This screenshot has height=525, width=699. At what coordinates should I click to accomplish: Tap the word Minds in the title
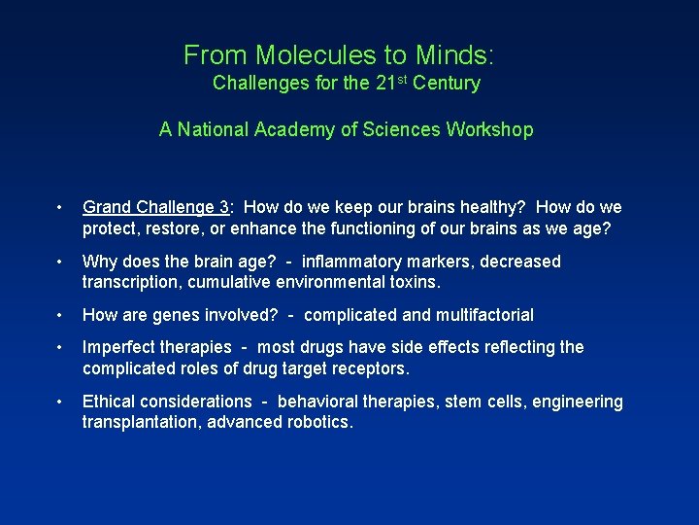point(455,54)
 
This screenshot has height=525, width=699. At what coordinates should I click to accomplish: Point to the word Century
point(446,84)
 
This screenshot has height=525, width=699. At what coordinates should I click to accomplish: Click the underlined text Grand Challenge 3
point(156,207)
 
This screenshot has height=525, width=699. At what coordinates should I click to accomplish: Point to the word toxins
point(413,282)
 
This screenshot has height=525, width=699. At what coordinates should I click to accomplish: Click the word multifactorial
point(479,315)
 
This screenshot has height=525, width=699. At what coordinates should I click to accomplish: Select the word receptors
point(371,368)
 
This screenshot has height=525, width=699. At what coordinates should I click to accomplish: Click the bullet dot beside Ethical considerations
point(60,402)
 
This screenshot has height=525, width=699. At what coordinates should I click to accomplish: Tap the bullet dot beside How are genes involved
point(60,315)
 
